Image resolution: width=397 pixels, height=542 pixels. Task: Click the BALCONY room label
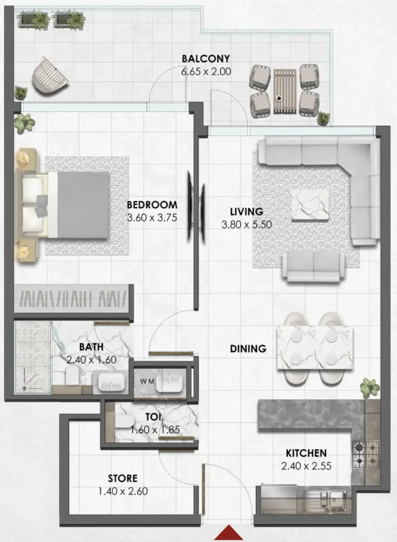pos(205,59)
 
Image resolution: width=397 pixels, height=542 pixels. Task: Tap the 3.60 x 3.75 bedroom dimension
pos(152,218)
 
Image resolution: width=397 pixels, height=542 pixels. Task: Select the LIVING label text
pos(247,211)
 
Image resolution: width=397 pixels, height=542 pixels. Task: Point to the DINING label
pos(248,348)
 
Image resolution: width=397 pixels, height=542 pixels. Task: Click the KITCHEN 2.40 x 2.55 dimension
pos(306,466)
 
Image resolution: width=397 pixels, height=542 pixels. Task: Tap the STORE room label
pos(123,478)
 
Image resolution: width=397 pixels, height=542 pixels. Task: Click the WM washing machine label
pos(147,381)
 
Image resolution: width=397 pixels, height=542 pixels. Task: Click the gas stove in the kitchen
pos(366,454)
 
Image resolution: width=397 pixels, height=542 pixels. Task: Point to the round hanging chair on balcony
pos(49,75)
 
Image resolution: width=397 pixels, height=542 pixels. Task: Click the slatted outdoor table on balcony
pos(285,91)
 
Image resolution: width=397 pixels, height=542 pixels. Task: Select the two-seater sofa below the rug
pos(313,266)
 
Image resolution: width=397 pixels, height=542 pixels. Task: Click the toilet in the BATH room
pos(72,375)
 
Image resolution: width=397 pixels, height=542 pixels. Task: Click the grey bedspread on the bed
pos(83,205)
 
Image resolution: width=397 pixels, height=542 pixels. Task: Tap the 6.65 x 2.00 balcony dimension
pos(206,71)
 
